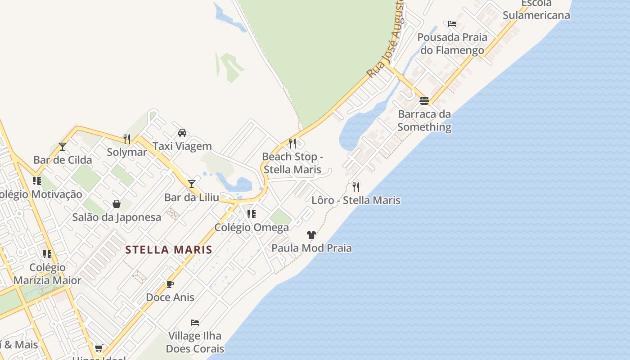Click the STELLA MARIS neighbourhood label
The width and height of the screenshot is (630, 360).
pyautogui.click(x=169, y=250)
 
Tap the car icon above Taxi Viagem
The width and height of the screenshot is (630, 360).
pyautogui.click(x=182, y=133)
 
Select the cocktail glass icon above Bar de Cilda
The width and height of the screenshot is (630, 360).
pyautogui.click(x=63, y=147)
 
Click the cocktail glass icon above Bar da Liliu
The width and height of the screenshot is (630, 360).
pyautogui.click(x=192, y=184)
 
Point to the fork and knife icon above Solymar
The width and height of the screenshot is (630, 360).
pyautogui.click(x=127, y=139)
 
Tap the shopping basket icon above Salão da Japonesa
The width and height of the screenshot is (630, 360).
pyautogui.click(x=117, y=204)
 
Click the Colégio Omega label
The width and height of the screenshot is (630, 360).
pyautogui.click(x=252, y=227)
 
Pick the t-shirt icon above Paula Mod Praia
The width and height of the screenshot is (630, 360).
pyautogui.click(x=311, y=234)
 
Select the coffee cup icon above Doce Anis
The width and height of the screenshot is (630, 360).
pyautogui.click(x=170, y=284)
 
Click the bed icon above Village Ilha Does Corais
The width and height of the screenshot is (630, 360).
pyautogui.click(x=195, y=322)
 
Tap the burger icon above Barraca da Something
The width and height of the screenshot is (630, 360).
pyautogui.click(x=424, y=100)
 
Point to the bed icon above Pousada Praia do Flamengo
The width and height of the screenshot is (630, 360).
pyautogui.click(x=452, y=23)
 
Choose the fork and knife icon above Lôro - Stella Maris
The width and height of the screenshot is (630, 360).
pyautogui.click(x=356, y=187)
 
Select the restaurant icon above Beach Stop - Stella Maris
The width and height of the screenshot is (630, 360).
pyautogui.click(x=292, y=144)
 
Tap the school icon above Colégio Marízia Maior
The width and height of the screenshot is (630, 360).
pyautogui.click(x=47, y=254)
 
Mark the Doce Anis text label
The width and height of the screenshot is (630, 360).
pyautogui.click(x=170, y=297)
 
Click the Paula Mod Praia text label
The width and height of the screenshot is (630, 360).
pyautogui.click(x=311, y=248)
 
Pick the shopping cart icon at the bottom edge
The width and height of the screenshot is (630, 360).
pyautogui.click(x=99, y=348)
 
